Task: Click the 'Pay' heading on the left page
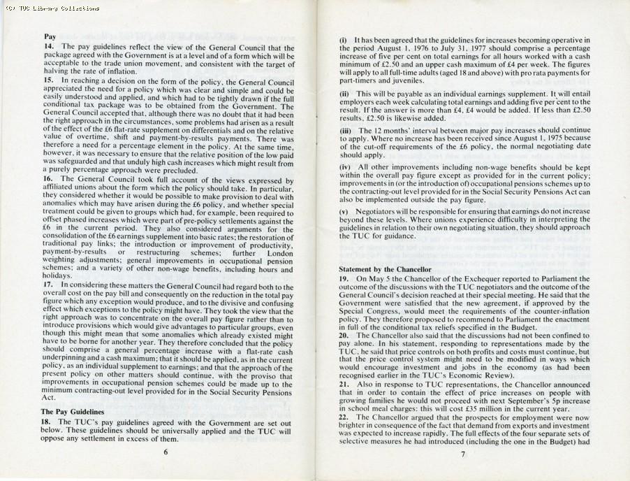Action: coord(50,36)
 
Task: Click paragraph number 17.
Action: coord(49,285)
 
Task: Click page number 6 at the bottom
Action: coord(166,452)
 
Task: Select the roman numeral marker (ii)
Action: coord(344,93)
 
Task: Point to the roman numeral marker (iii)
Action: coord(346,131)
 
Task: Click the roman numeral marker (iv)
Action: coord(346,168)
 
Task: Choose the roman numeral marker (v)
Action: coord(344,210)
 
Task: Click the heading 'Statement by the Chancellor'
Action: coord(385,268)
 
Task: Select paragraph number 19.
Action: coord(344,279)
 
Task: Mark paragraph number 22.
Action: coord(344,417)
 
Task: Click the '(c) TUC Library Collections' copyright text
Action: coord(50,8)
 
